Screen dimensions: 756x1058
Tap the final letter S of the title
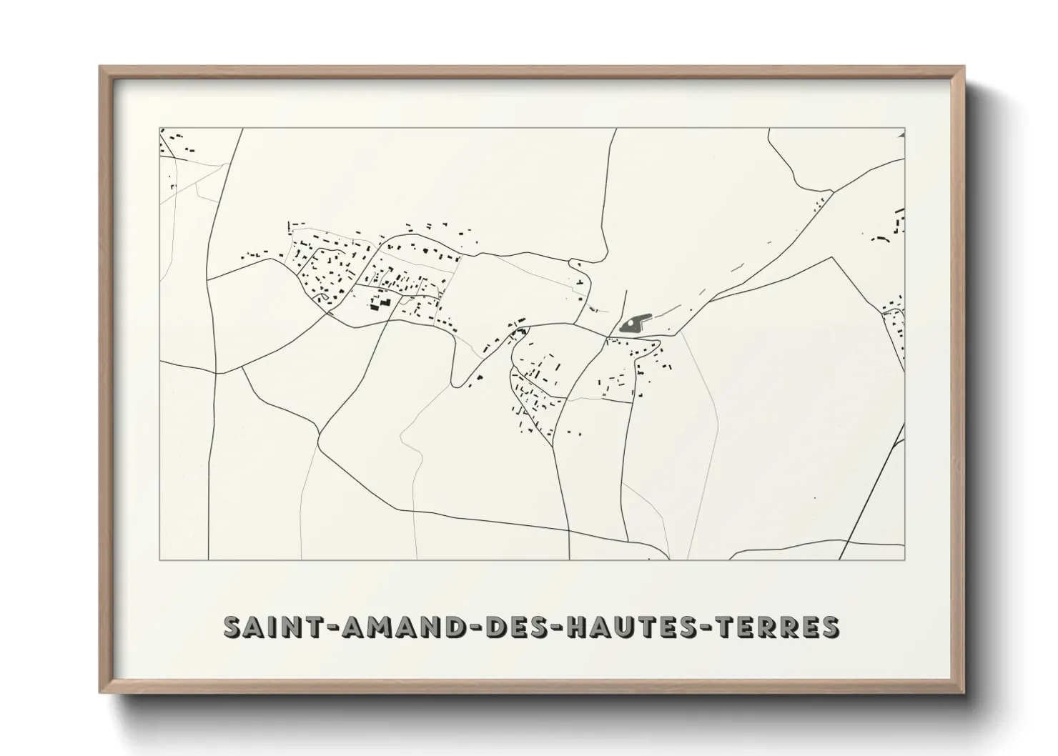[x=830, y=627]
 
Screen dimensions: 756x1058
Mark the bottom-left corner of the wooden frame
[x=101, y=692]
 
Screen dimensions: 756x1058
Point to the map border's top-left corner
[x=159, y=129]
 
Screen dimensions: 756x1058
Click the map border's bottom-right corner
[x=905, y=560]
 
